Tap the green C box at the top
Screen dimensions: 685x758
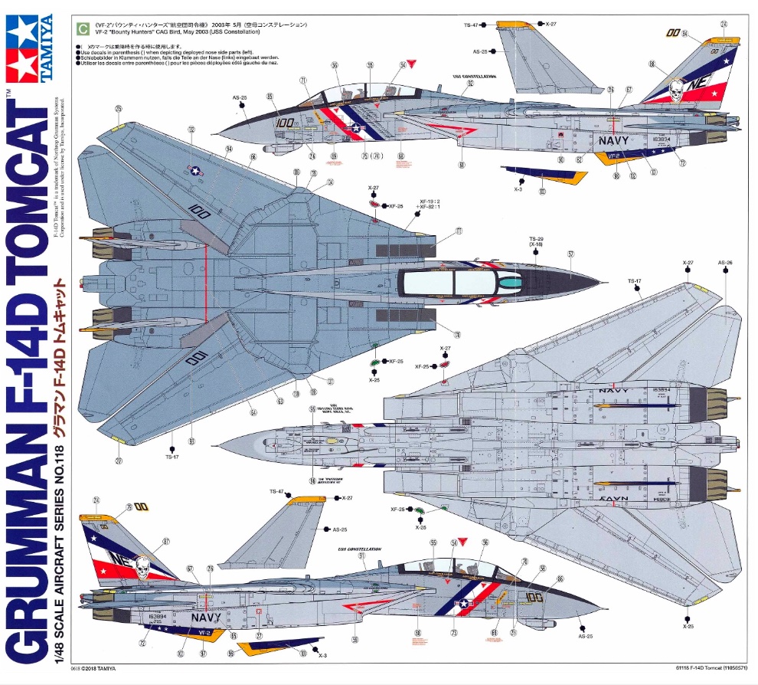click(x=81, y=29)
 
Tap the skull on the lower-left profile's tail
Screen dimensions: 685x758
click(x=140, y=567)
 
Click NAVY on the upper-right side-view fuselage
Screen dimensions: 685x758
click(x=613, y=141)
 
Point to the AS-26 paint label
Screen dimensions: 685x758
click(x=725, y=263)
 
